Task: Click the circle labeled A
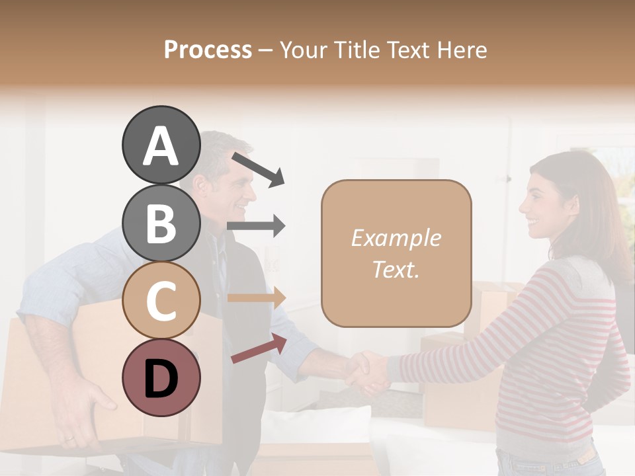point(161,145)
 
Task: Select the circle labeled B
point(161,223)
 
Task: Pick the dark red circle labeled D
point(161,378)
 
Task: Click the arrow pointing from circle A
point(258,169)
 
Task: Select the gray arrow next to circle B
point(256,226)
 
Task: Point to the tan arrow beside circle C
point(256,297)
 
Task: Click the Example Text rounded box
point(396,253)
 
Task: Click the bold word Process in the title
point(208,50)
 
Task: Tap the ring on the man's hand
point(69,438)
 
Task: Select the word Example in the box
point(396,238)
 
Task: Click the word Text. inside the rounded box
point(396,269)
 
